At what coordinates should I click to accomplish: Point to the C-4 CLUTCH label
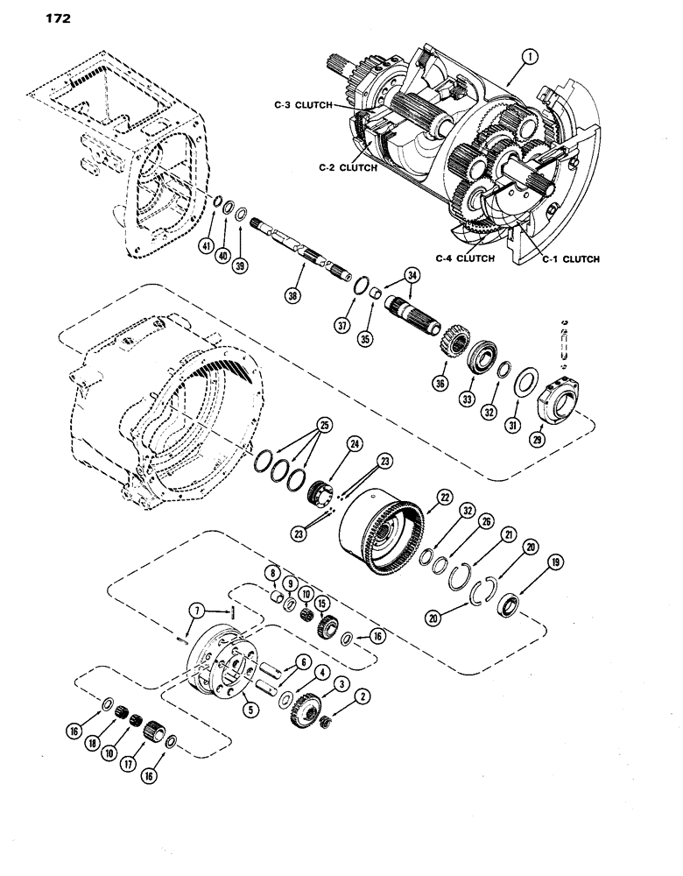pos(465,258)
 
